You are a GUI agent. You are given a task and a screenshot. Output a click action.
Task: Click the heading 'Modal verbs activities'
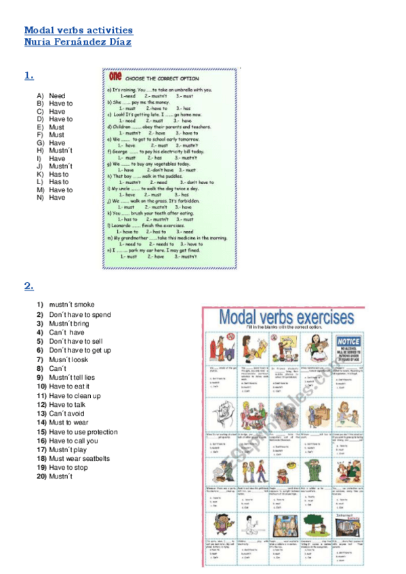click(78, 30)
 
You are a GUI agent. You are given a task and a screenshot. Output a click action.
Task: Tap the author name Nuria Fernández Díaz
click(77, 42)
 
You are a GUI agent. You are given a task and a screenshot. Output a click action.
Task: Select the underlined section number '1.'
click(28, 76)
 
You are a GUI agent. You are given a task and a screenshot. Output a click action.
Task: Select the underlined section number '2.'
click(28, 286)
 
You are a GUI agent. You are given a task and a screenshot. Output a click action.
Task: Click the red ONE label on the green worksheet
click(114, 76)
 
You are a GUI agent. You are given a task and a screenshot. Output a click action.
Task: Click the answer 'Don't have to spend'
click(79, 315)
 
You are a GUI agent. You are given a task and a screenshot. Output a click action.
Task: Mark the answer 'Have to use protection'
click(83, 432)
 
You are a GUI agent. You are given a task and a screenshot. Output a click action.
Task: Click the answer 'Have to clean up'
click(75, 396)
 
